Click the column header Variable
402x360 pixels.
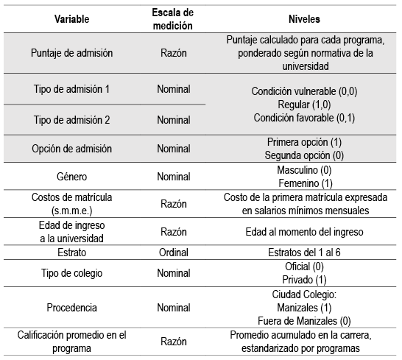[x=71, y=16]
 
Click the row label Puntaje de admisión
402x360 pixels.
[x=71, y=54]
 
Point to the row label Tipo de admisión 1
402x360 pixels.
[x=71, y=89]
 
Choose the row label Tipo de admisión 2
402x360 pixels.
[x=71, y=119]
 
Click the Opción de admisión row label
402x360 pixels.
[x=71, y=149]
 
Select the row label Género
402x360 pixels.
[x=71, y=177]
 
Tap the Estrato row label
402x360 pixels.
[x=71, y=252]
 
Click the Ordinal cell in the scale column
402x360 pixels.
[x=174, y=252]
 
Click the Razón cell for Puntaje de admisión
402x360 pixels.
[x=174, y=54]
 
